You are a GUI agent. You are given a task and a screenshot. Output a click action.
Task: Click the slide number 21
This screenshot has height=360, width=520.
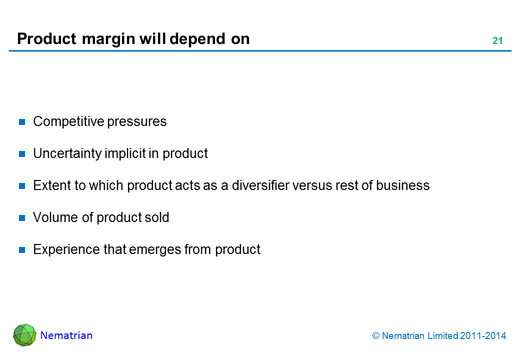497,40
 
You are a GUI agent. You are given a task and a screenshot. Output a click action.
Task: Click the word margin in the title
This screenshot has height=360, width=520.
109,39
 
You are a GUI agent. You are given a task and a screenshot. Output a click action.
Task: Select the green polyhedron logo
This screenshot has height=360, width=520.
24,335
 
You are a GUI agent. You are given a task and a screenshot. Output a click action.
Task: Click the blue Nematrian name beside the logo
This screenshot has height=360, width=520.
66,335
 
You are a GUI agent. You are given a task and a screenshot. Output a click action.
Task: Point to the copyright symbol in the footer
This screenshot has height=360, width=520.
375,336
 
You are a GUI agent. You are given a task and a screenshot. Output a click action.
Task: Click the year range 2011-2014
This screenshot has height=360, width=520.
483,336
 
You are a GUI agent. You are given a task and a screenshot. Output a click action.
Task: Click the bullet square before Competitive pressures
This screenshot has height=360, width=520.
22,122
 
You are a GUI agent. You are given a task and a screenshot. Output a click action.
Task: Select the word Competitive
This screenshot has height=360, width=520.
68,121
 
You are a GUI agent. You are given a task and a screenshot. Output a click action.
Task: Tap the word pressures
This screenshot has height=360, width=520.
137,122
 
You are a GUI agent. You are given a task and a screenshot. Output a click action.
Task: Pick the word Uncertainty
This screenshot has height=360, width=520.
67,154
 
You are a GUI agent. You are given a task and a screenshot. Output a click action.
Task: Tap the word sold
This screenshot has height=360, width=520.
157,217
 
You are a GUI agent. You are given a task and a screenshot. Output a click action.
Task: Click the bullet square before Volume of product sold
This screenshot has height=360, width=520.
22,218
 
